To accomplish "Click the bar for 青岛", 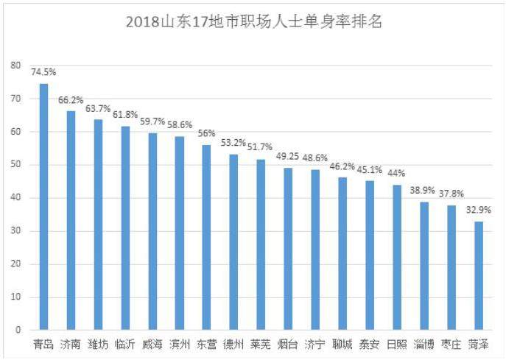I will click(x=43, y=207).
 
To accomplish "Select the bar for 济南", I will click(x=71, y=220).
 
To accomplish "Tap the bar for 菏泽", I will click(x=479, y=275).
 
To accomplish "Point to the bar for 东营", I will click(x=206, y=237).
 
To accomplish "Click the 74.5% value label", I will click(x=43, y=72).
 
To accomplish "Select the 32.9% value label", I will click(x=479, y=211).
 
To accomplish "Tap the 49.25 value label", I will click(x=288, y=157).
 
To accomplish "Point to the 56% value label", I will click(x=206, y=134).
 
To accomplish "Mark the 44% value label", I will click(x=397, y=174).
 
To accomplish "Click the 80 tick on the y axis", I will click(x=15, y=66).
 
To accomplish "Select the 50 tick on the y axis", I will click(x=15, y=165).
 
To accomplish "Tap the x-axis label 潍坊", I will click(x=98, y=345).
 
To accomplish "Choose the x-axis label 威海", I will click(x=152, y=345).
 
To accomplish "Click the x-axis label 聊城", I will click(x=342, y=345).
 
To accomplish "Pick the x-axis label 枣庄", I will click(x=451, y=345).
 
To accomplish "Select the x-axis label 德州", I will click(x=234, y=345).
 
